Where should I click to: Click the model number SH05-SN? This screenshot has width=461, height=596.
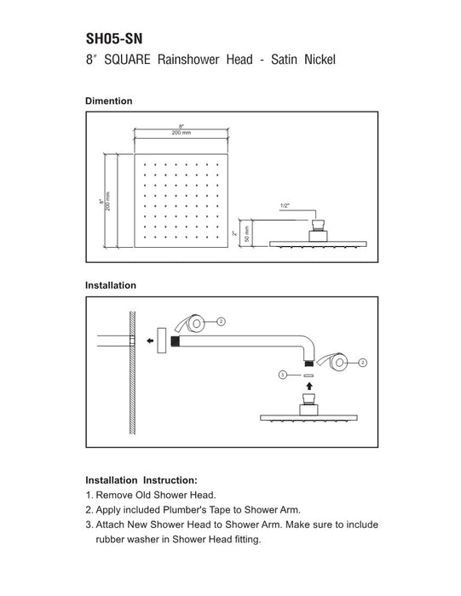click(x=114, y=38)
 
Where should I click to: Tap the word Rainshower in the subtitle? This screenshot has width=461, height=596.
click(x=188, y=60)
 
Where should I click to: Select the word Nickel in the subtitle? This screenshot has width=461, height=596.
click(x=320, y=60)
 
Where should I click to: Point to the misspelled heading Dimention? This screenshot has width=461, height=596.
click(x=109, y=101)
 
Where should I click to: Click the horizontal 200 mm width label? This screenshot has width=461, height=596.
click(x=182, y=133)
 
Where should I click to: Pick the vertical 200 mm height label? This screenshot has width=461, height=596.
click(x=107, y=202)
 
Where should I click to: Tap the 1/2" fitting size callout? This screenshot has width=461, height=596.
click(x=285, y=206)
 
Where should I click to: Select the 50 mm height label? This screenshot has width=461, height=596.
click(x=246, y=234)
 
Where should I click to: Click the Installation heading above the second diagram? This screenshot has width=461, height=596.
click(x=111, y=285)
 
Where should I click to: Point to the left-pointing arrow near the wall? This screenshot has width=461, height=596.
click(x=150, y=341)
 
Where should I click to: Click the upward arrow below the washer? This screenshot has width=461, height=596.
click(x=309, y=386)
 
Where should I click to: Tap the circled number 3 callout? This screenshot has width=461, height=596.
click(x=283, y=375)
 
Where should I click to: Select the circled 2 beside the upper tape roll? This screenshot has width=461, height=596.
click(x=222, y=322)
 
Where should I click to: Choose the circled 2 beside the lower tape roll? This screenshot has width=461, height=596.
click(x=362, y=363)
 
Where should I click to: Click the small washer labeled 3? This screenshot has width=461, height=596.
click(x=308, y=375)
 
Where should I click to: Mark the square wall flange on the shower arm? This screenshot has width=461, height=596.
click(x=162, y=341)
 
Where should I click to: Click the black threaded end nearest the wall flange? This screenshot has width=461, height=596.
click(x=175, y=341)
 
